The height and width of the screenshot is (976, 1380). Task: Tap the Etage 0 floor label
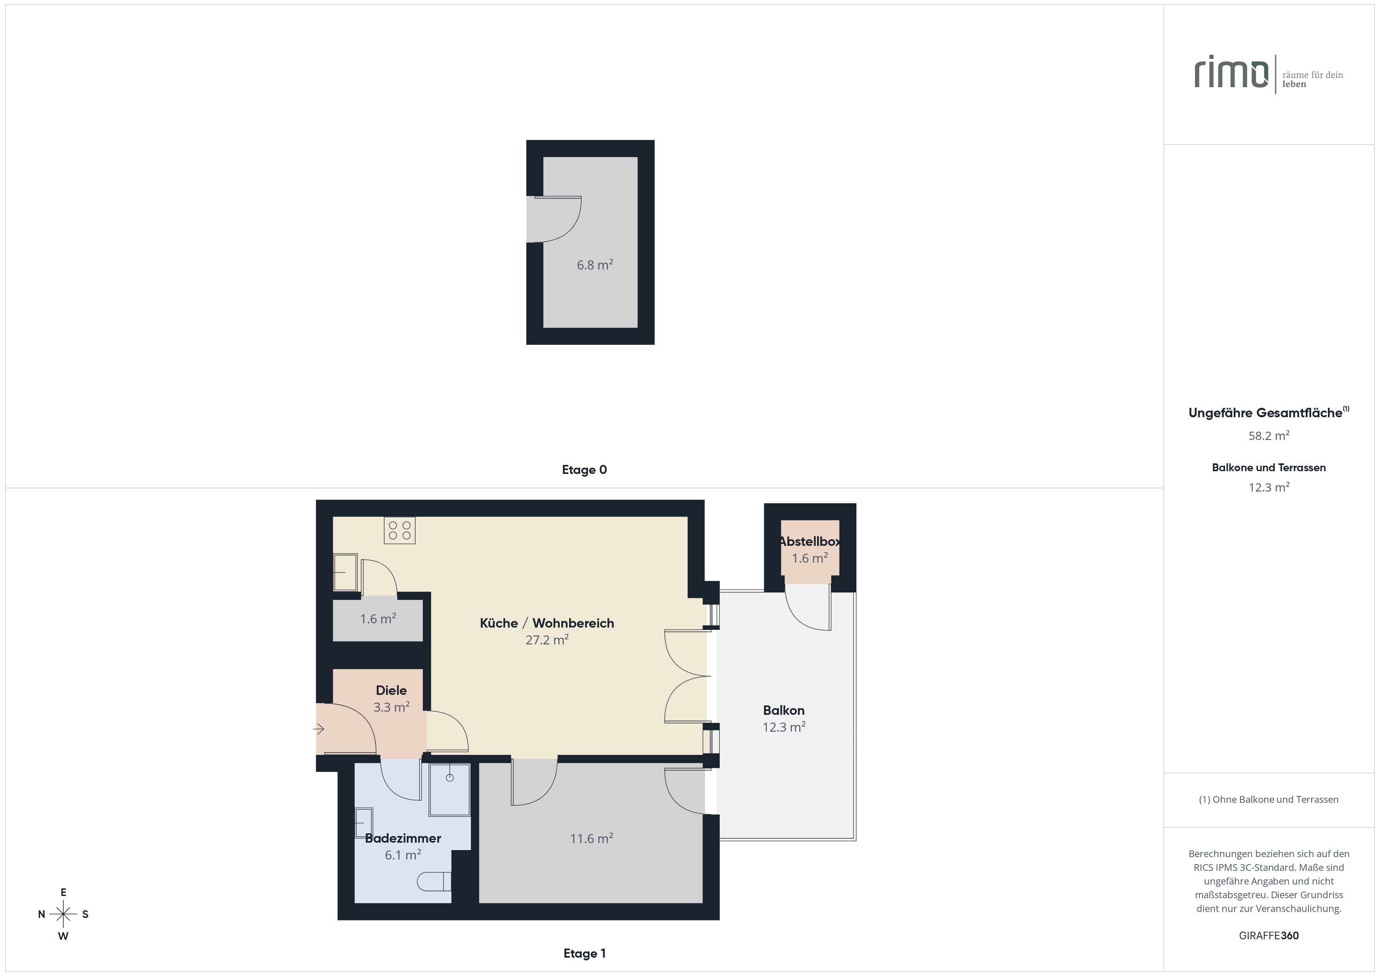pos(584,470)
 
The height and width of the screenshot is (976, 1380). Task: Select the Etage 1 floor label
pos(584,953)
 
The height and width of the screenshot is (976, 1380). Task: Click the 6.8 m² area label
pos(595,264)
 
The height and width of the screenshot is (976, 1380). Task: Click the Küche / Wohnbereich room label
pos(547,623)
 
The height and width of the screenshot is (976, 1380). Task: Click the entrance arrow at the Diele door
pos(318,729)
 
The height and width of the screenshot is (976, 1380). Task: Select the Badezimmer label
pos(403,838)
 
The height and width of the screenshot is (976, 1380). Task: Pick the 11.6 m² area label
pos(591,838)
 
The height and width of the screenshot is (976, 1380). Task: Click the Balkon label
pos(784,710)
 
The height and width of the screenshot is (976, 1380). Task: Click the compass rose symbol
pos(63,914)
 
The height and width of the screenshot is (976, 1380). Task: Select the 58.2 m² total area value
pos(1269,435)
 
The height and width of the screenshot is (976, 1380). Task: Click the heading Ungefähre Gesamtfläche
pos(1265,413)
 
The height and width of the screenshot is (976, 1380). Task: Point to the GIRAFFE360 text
pos(1269,936)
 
